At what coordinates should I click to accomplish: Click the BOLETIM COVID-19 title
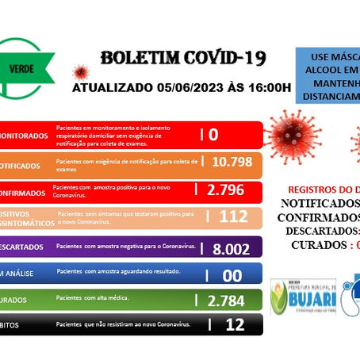click(182, 59)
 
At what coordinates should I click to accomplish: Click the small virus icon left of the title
click(80, 73)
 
